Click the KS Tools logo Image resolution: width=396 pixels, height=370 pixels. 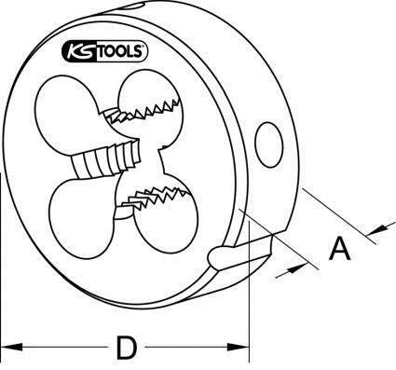coord(105,51)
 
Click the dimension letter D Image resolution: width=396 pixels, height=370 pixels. coord(127,347)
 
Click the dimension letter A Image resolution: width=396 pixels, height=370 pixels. coord(340,249)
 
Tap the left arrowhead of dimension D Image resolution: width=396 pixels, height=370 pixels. coord(12,347)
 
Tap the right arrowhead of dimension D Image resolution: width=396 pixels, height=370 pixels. coord(239,347)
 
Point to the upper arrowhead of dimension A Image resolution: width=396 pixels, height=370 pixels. coord(378,229)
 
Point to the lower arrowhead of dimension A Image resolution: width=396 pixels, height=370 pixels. coord(296,269)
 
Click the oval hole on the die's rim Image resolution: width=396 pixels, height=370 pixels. coord(269,144)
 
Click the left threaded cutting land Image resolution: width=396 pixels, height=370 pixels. coord(105,159)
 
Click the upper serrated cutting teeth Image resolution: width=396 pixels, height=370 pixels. coord(142,111)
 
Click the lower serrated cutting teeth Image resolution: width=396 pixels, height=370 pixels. coord(156,199)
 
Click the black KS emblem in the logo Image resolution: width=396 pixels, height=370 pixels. coord(80,51)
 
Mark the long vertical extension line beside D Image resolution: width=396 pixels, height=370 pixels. coord(250,292)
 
